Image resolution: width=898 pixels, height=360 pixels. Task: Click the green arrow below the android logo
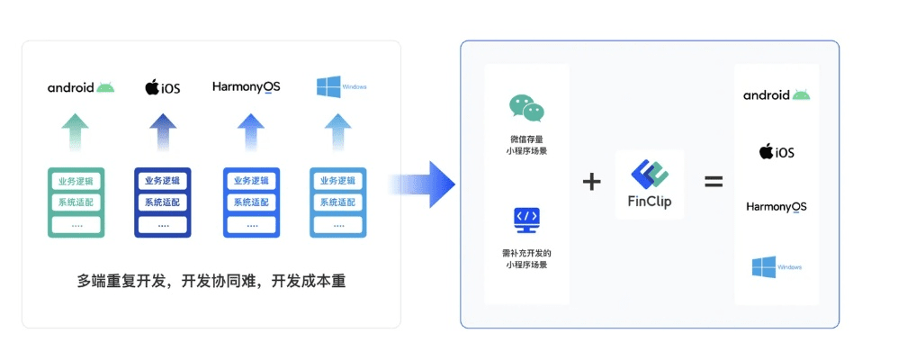tap(76, 133)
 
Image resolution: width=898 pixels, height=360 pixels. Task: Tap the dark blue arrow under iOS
tap(163, 133)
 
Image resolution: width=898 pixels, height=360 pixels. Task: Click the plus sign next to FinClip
tap(591, 182)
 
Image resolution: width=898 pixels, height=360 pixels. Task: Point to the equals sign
tap(714, 182)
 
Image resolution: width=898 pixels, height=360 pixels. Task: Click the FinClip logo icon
tap(650, 174)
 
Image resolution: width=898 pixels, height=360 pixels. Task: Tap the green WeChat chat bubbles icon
tap(526, 108)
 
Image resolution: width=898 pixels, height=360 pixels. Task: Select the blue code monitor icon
tap(526, 219)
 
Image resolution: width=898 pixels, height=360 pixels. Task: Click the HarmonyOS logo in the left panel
tap(247, 87)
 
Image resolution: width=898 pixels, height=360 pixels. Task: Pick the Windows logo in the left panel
tap(329, 87)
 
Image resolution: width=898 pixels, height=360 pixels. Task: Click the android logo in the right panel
tap(777, 95)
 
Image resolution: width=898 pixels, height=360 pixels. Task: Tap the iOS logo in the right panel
tap(777, 151)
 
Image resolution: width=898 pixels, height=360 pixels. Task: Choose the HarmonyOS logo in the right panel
tap(777, 207)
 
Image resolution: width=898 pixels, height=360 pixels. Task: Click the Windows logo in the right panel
tap(765, 266)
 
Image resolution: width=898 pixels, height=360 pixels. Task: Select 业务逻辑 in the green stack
tap(76, 181)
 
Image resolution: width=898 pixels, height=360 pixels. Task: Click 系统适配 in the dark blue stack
tap(163, 202)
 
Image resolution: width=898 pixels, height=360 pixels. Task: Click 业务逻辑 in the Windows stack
tap(338, 181)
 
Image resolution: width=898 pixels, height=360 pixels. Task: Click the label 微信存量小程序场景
tap(526, 144)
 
